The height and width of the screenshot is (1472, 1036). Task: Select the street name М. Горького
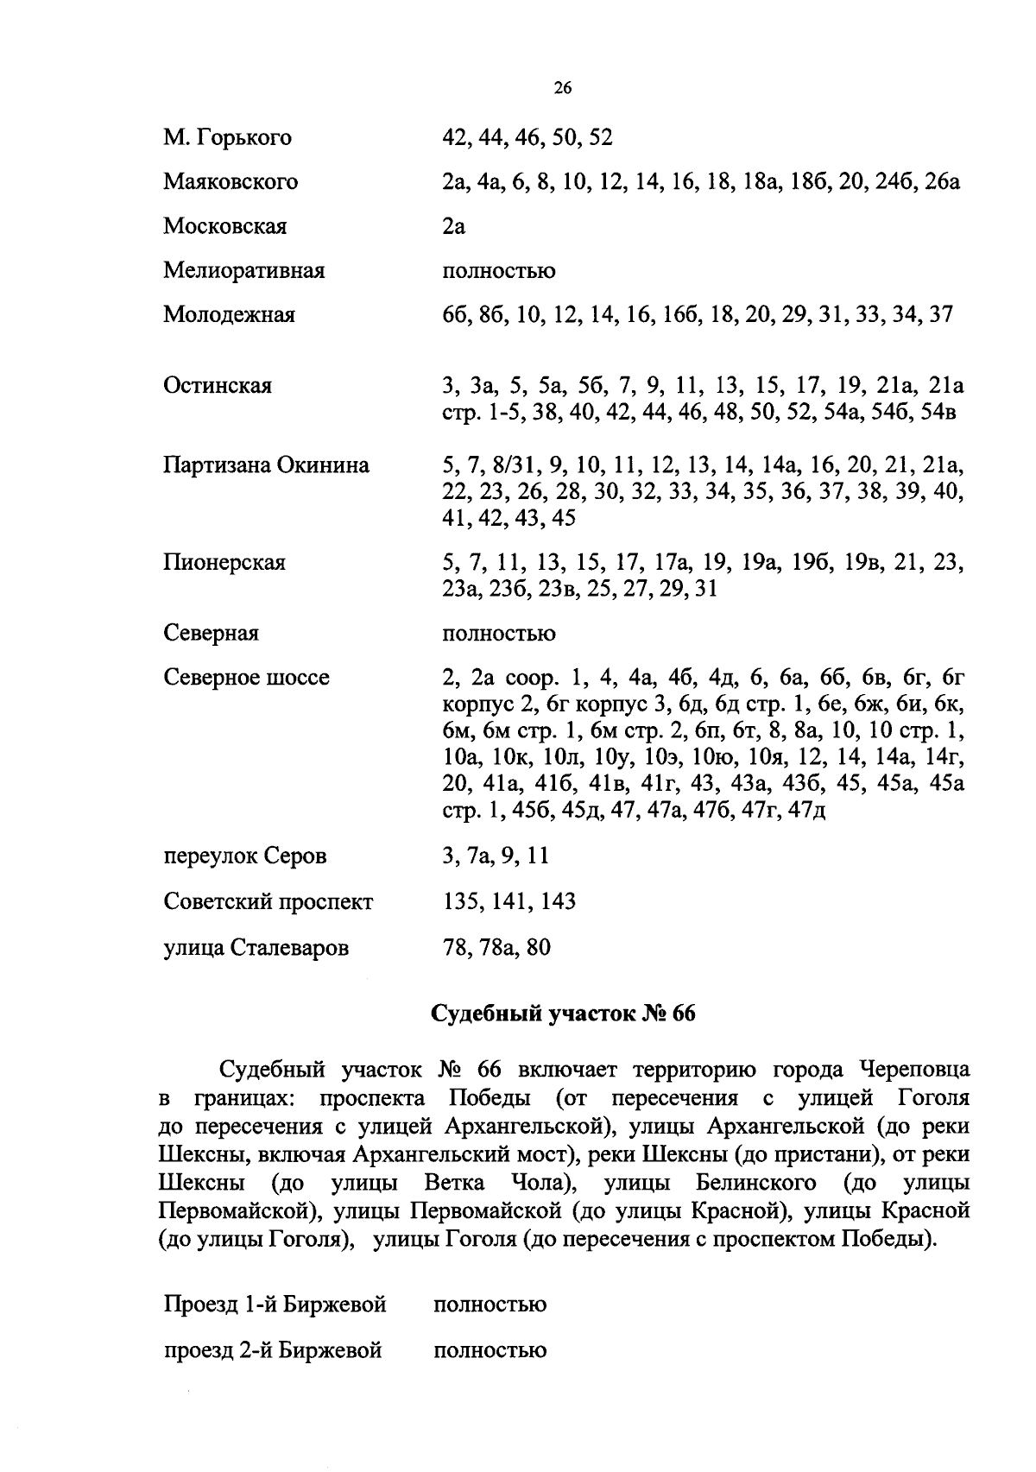(228, 138)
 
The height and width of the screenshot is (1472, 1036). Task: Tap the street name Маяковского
(231, 182)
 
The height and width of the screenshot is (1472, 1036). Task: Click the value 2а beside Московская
(453, 227)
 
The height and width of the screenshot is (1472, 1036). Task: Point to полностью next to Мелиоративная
(498, 272)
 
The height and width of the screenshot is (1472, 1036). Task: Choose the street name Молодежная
(229, 315)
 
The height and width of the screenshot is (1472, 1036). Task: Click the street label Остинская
(218, 386)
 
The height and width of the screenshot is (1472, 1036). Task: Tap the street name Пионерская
(224, 563)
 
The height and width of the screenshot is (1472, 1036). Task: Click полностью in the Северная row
(498, 635)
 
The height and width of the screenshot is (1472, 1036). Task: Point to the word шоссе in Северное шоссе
(297, 678)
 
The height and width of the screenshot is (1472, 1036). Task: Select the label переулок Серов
(245, 857)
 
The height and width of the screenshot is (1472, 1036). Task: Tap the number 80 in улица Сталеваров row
(537, 948)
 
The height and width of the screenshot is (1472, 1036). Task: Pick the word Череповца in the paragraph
(914, 1071)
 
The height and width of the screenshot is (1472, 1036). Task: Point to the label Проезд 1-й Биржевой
(275, 1305)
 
